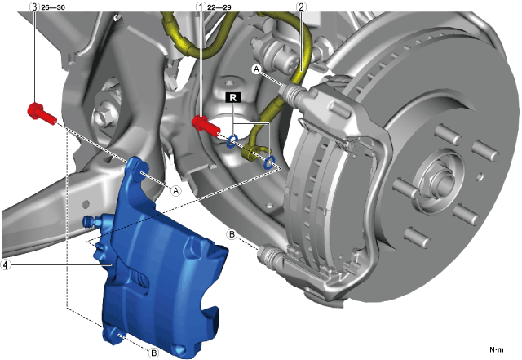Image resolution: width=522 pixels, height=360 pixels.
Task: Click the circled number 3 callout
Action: click(35, 7)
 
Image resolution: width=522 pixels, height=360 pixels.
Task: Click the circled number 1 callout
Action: click(201, 7)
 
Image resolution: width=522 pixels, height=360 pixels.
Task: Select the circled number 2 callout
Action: click(301, 7)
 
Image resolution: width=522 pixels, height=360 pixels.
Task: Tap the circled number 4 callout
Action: click(6, 265)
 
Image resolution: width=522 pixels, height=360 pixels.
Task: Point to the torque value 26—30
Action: click(53, 7)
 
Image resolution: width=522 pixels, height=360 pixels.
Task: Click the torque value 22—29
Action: click(219, 7)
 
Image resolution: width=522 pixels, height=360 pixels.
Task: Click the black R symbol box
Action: click(233, 98)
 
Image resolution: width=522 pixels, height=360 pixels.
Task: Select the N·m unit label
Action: click(497, 349)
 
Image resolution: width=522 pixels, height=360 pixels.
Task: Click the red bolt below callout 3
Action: click(42, 113)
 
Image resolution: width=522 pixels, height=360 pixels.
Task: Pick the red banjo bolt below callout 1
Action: click(206, 125)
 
